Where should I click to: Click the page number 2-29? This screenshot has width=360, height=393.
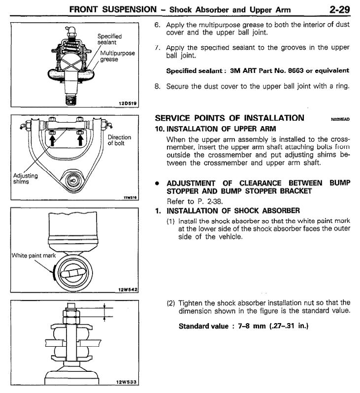(x=339, y=9)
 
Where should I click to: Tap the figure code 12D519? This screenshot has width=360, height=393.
(x=128, y=103)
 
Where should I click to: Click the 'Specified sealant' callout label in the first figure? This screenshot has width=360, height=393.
(x=109, y=39)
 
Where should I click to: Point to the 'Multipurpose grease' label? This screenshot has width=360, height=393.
(x=117, y=56)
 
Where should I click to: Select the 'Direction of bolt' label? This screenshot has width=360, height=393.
(x=119, y=140)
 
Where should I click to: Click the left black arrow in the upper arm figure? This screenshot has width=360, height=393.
(x=52, y=140)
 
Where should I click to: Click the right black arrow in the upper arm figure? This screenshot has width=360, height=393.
(x=80, y=140)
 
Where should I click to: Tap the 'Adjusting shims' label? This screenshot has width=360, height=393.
(x=25, y=178)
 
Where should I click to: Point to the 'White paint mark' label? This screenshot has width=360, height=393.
(x=33, y=256)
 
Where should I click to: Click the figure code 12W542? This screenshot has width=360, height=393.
(x=128, y=290)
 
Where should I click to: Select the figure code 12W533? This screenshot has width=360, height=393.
(x=127, y=382)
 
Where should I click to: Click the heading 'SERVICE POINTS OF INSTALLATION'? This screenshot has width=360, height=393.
(x=229, y=118)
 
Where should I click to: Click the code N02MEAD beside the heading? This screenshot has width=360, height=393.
(x=340, y=119)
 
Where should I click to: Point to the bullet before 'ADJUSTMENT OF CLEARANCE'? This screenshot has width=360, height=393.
(x=157, y=183)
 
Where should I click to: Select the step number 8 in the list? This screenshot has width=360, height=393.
(x=157, y=87)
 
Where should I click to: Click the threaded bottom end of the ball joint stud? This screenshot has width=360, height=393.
(x=70, y=99)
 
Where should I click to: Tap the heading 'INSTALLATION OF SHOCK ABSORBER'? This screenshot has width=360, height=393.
(x=233, y=211)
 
